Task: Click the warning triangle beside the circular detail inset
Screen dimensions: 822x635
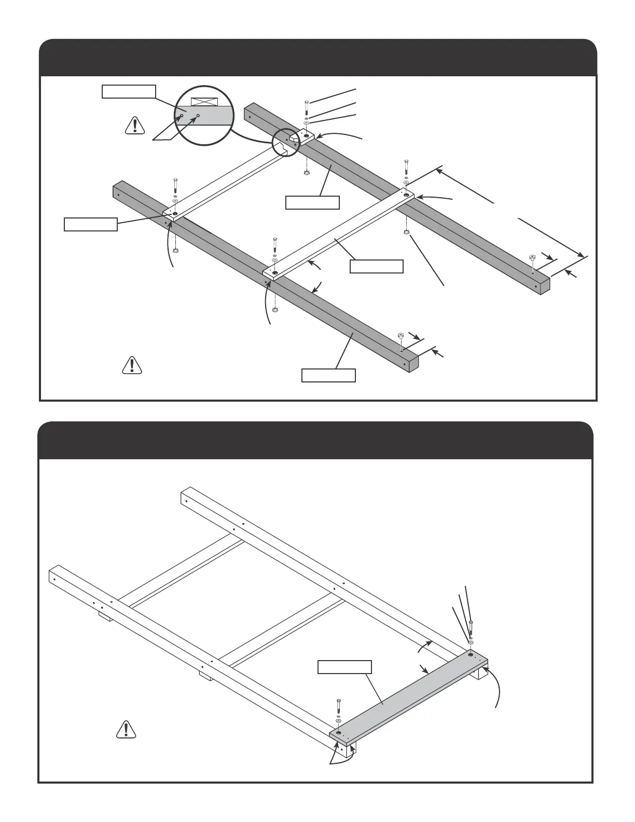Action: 135,126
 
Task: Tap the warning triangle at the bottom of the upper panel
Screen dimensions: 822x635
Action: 132,365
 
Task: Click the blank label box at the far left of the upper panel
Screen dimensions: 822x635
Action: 91,225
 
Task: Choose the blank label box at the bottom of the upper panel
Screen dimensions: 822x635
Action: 329,375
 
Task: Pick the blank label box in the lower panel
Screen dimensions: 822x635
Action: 344,667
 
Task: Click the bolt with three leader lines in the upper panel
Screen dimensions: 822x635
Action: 307,107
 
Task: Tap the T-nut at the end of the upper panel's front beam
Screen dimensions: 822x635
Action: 401,336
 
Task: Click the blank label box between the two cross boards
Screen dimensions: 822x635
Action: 313,202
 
